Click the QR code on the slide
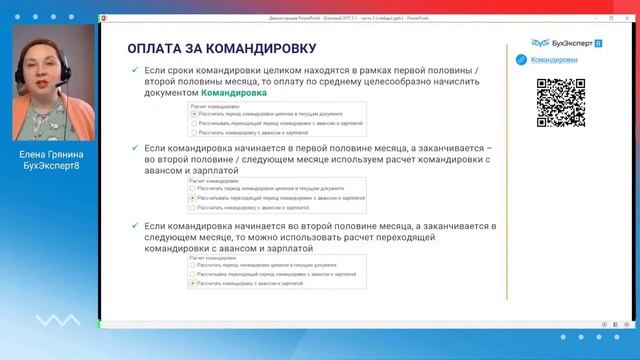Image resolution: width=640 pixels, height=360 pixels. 560,98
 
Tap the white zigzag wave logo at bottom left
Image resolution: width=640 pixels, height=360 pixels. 50,322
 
